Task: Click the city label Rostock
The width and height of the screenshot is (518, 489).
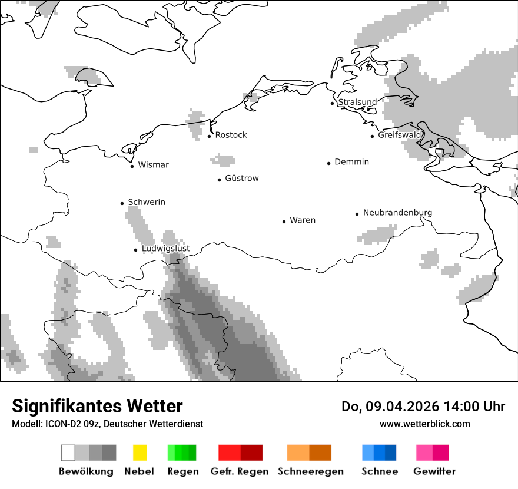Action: [x=231, y=135]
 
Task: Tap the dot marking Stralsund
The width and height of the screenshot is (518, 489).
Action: [x=332, y=103]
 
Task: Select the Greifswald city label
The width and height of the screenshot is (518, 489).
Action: [x=400, y=135]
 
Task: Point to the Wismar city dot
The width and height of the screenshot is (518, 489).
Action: [x=132, y=166]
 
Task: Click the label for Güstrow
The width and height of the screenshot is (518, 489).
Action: [x=241, y=179]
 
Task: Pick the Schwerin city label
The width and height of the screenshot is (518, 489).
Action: [x=147, y=202]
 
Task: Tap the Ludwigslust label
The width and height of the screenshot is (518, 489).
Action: [x=165, y=249]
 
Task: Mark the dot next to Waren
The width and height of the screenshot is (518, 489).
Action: [x=284, y=222]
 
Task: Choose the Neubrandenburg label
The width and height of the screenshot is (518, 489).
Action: [x=397, y=213]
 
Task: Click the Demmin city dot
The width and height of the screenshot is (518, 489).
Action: [x=328, y=163]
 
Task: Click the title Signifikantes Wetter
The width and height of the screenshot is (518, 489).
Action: [x=97, y=406]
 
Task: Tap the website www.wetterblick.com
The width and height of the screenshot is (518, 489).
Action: [x=424, y=424]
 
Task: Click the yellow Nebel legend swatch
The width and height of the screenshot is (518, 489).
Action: [x=140, y=452]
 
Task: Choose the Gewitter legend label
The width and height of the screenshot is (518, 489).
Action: [x=434, y=471]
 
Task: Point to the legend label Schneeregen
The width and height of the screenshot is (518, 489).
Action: [x=310, y=471]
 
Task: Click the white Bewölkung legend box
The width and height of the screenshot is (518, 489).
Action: [x=68, y=452]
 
